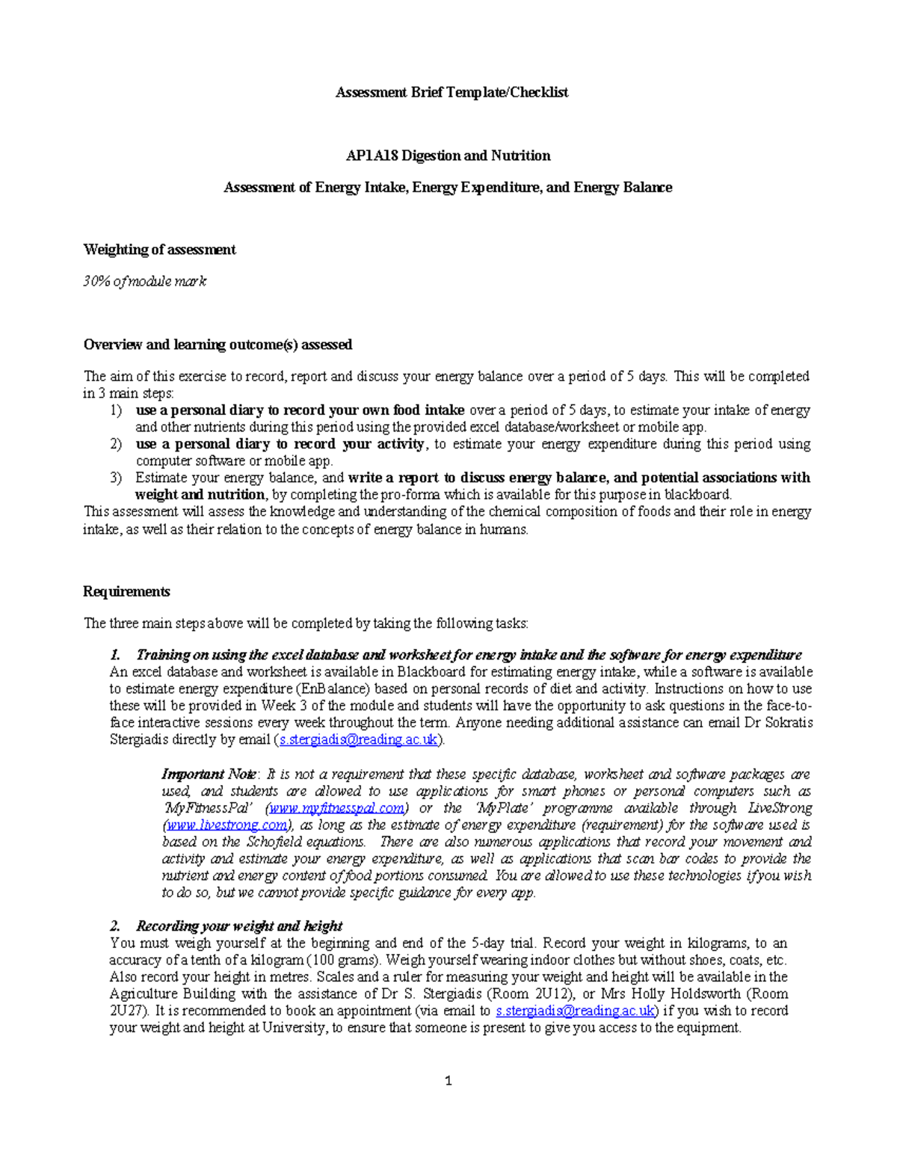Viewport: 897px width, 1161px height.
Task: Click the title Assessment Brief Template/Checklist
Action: (451, 92)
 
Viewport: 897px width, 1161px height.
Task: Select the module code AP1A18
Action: (372, 155)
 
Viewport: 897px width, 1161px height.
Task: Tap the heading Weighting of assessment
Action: (159, 250)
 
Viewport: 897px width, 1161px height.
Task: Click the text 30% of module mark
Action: (144, 281)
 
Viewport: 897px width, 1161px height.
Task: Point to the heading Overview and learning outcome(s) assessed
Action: (218, 345)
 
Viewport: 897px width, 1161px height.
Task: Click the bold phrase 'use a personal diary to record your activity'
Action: (280, 444)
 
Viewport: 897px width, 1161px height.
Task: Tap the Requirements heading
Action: (126, 591)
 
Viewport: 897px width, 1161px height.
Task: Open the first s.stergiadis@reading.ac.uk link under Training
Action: (358, 739)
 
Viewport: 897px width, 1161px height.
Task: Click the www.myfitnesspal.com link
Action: (337, 808)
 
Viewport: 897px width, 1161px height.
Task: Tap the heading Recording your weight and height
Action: (239, 926)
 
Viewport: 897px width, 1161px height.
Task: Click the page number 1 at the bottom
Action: (448, 1080)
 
